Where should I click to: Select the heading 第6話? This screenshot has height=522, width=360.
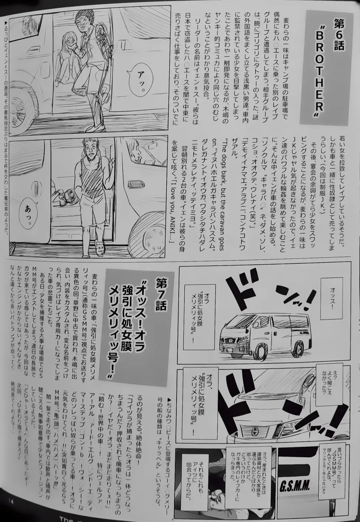click(338, 35)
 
